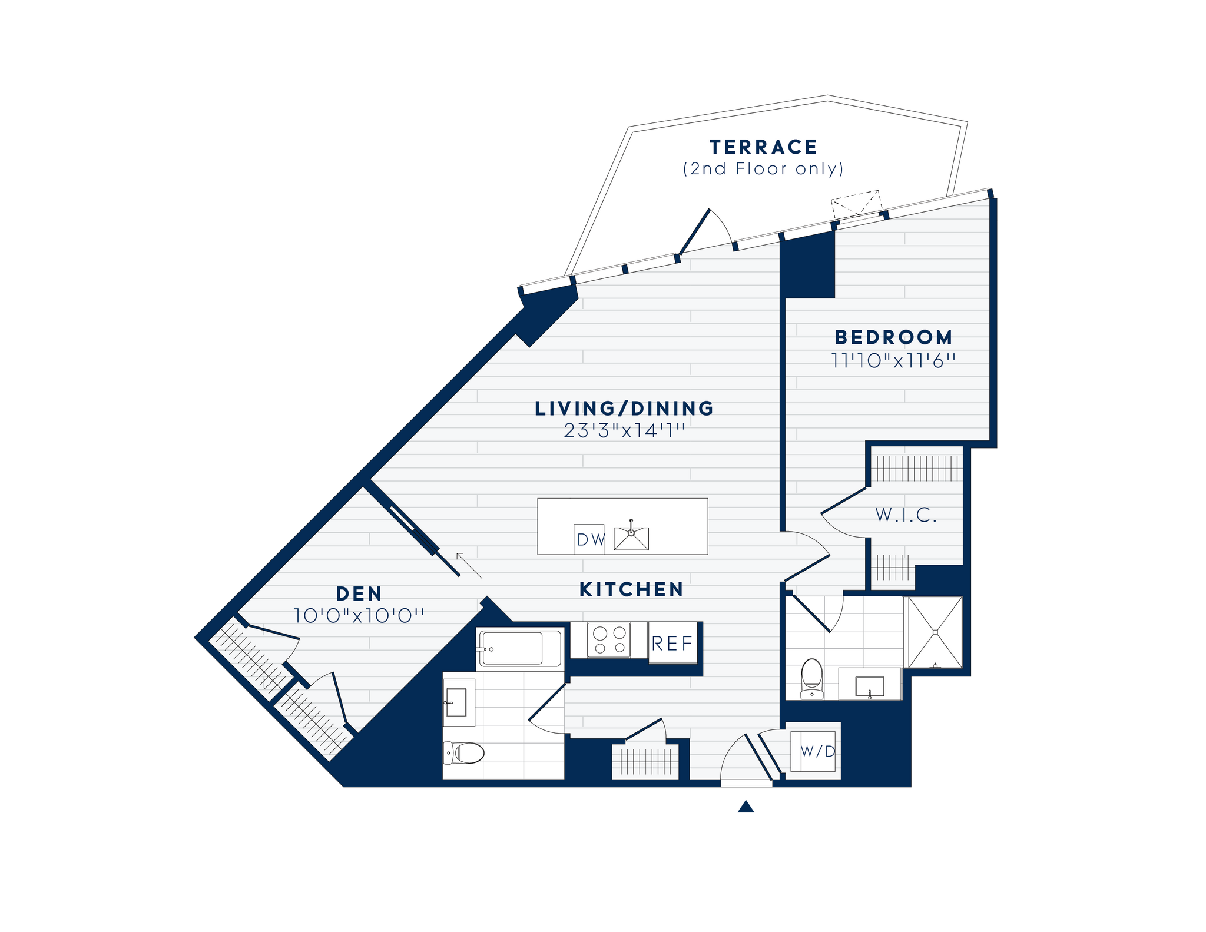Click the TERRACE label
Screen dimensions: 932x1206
(763, 147)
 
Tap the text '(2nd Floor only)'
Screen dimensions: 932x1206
(763, 169)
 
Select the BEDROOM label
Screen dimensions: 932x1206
(893, 337)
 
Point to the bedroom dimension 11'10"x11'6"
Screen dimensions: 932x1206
(893, 360)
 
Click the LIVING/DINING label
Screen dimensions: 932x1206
(624, 409)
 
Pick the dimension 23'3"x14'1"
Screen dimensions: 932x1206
(624, 431)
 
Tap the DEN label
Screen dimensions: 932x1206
(359, 593)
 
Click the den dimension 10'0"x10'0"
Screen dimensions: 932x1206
(359, 616)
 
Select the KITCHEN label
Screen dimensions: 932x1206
(631, 589)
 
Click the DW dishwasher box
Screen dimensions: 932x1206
(589, 539)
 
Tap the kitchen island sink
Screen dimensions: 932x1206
(631, 538)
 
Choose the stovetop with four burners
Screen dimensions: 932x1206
(609, 640)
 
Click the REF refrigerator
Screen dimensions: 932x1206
(672, 643)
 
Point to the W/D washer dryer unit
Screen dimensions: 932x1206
(817, 751)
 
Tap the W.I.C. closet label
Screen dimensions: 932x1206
(906, 515)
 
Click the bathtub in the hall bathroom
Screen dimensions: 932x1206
(511, 648)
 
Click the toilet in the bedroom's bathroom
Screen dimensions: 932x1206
(812, 678)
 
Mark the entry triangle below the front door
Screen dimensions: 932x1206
(746, 806)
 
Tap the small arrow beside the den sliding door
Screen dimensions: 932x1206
(469, 565)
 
